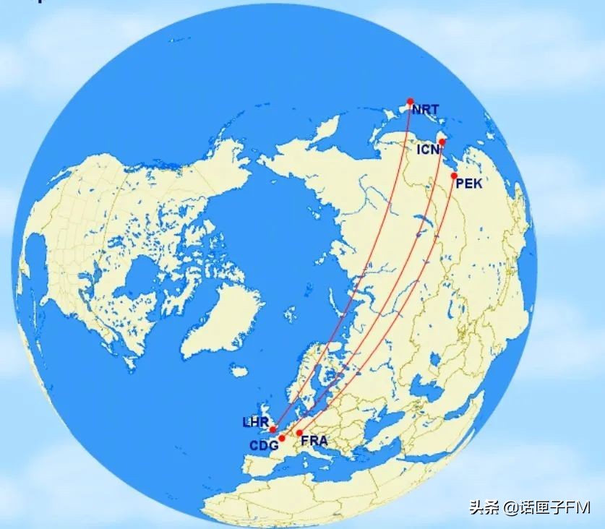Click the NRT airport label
pyautogui.click(x=426, y=111)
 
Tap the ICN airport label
pyautogui.click(x=428, y=150)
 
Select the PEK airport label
pyautogui.click(x=468, y=184)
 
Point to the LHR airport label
pyautogui.click(x=256, y=421)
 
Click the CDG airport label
pyautogui.click(x=264, y=446)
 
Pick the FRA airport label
pyautogui.click(x=314, y=440)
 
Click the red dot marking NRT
pyautogui.click(x=410, y=101)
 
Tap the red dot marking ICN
pyautogui.click(x=442, y=142)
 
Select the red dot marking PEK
pyautogui.click(x=453, y=176)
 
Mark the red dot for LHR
pyautogui.click(x=272, y=429)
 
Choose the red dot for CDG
pyautogui.click(x=281, y=438)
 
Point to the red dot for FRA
pyautogui.click(x=299, y=432)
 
